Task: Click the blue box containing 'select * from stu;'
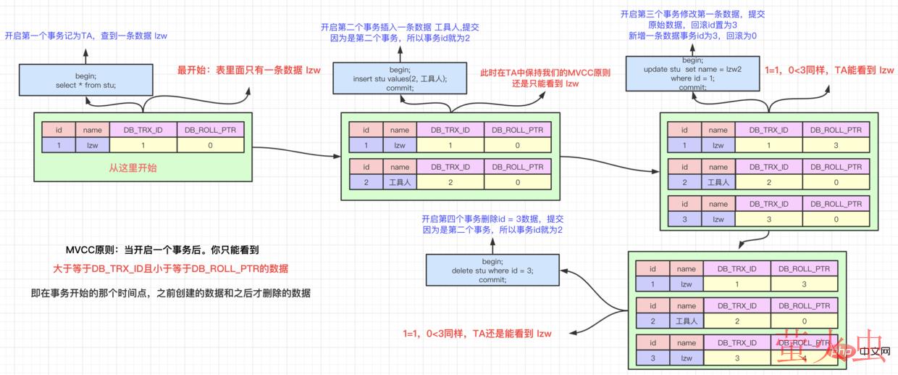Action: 85,80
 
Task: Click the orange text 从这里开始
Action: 133,168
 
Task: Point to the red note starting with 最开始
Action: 248,70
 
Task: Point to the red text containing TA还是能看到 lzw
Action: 477,334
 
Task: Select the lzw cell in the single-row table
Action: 93,145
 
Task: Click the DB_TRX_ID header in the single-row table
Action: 143,130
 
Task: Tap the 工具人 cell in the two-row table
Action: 400,182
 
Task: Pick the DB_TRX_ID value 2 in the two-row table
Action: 450,182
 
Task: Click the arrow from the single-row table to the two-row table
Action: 297,149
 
